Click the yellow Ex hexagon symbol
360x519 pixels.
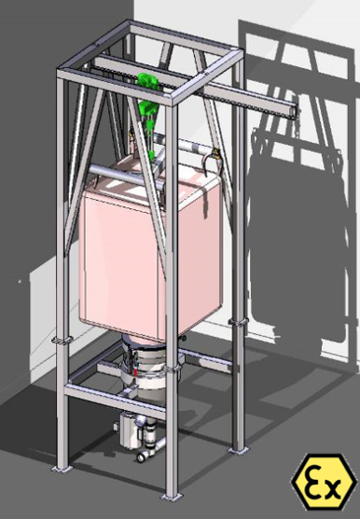(x=325, y=482)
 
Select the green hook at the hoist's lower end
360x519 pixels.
(x=152, y=156)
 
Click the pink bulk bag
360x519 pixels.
(x=150, y=251)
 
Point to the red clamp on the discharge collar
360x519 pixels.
(x=135, y=372)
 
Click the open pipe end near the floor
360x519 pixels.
(x=142, y=457)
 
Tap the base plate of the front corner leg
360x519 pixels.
(x=172, y=497)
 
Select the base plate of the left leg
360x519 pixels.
(x=62, y=469)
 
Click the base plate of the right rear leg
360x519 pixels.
(x=238, y=451)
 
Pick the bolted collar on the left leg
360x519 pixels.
(x=62, y=341)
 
